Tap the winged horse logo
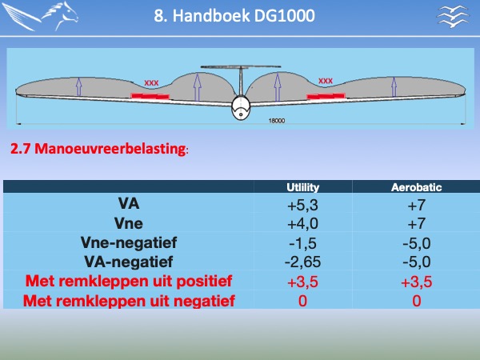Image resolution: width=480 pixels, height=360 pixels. pos(40,16)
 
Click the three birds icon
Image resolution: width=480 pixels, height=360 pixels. pos(453,16)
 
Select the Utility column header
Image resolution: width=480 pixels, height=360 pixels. pos(302,187)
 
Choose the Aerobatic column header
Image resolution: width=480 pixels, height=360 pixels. pos(416,187)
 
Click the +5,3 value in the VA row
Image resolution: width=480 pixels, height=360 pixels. pos(302,205)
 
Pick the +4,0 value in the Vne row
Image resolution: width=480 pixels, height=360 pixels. pos(302,224)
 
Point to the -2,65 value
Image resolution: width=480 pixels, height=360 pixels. pos(302,262)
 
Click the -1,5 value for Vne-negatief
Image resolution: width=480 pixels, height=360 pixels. pos(302,243)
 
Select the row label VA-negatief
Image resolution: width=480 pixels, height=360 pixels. pos(129,262)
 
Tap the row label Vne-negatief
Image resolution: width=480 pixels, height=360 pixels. pos(129,242)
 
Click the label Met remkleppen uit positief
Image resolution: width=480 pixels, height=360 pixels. pos(129,281)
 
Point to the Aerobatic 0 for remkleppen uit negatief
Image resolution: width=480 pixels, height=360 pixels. pos(416,301)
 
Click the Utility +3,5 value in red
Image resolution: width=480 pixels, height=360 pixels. pos(302,282)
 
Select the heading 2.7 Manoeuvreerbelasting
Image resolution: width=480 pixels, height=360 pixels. pos(98,149)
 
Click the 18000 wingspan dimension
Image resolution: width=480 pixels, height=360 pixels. pos(277,121)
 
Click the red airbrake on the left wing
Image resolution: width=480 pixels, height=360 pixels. pos(150,96)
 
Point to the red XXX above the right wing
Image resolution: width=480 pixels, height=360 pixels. pos(326,81)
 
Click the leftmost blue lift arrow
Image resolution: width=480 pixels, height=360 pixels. pos(79,86)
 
